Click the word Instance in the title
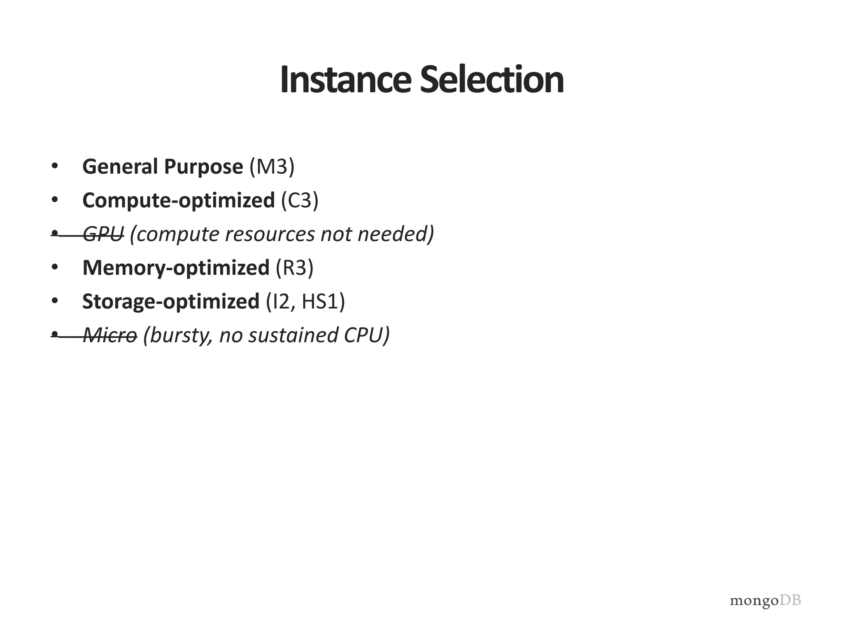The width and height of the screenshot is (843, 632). [x=345, y=80]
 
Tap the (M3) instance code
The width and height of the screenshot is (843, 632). [x=272, y=167]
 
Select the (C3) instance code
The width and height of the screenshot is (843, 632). [x=300, y=201]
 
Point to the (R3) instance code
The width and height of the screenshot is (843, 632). [x=294, y=268]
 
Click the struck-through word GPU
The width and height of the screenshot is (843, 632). [x=103, y=235]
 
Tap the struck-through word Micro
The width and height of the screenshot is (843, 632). [x=110, y=335]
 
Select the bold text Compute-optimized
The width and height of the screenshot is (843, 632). [x=179, y=201]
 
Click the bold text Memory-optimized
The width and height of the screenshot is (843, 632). [x=176, y=268]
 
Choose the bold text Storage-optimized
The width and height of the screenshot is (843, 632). [x=171, y=302]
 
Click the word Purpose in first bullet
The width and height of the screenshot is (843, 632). [x=203, y=167]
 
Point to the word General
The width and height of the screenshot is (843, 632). [x=120, y=167]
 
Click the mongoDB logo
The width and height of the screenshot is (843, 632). [x=765, y=600]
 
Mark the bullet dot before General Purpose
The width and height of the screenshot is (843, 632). [x=55, y=166]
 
